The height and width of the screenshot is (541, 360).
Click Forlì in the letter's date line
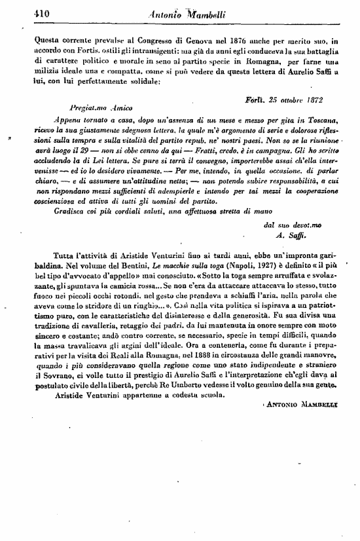coord(253,99)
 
